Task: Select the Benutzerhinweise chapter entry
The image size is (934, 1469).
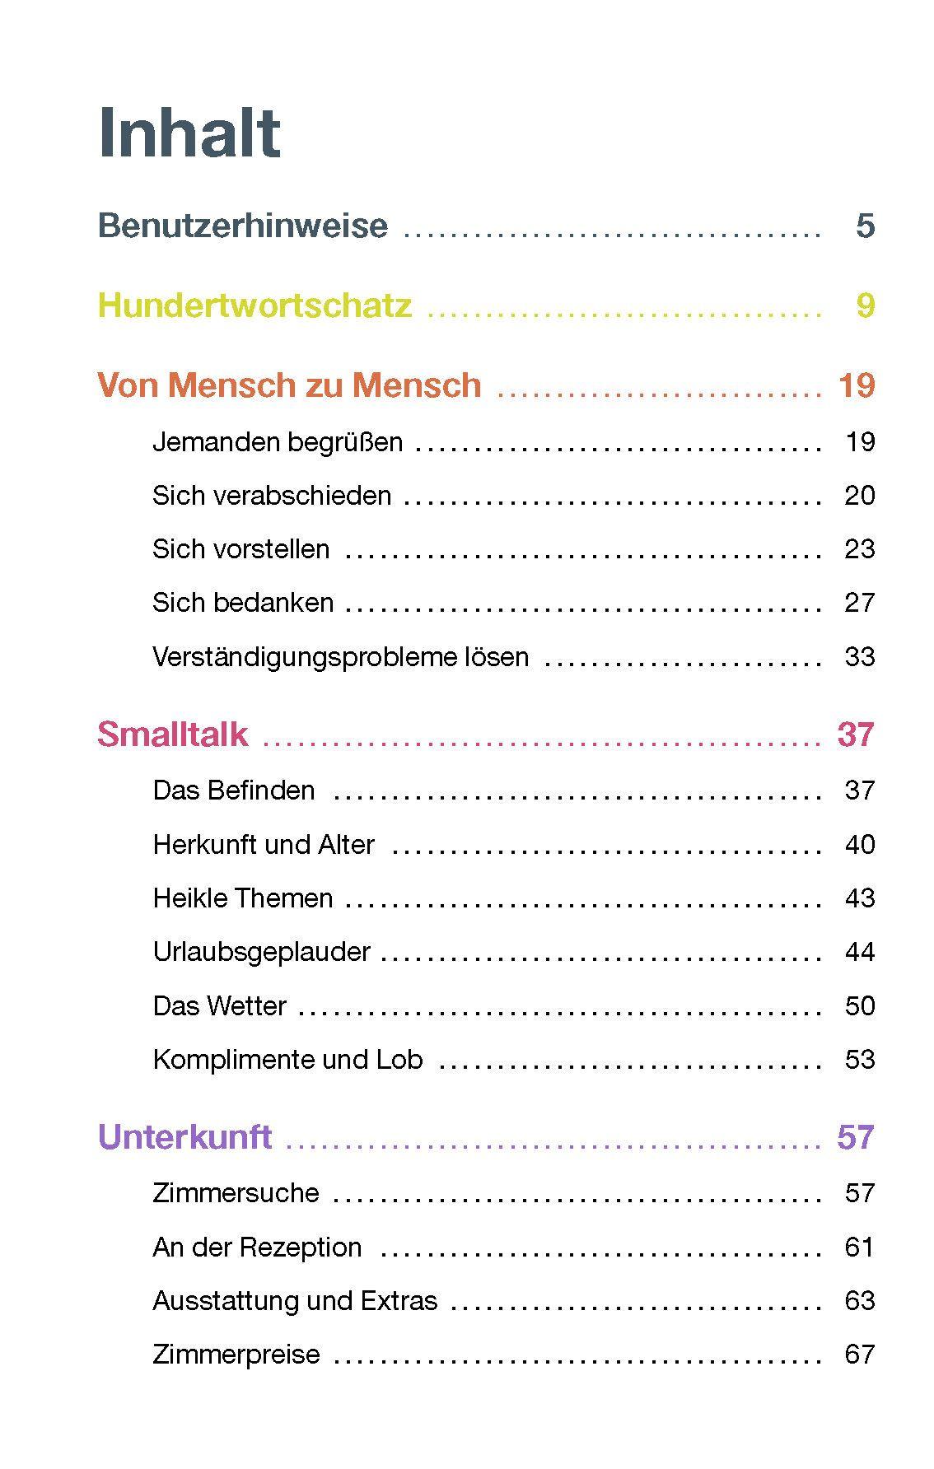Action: [242, 226]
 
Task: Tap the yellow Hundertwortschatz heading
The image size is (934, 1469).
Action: [255, 305]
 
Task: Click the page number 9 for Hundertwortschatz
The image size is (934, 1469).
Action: [865, 305]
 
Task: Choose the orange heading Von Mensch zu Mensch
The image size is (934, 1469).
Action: [289, 385]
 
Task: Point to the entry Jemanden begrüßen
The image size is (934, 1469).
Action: [278, 442]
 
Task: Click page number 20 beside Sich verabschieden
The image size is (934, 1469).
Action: [859, 496]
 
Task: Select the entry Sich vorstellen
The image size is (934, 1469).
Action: [241, 549]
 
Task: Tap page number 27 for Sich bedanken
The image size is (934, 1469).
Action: [859, 603]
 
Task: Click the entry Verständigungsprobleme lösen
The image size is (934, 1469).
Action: [340, 657]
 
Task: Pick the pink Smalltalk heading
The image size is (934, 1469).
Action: [172, 734]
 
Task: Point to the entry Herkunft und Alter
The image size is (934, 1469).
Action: [264, 845]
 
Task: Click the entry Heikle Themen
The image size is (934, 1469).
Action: [243, 898]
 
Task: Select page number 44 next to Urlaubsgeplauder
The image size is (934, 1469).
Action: [859, 952]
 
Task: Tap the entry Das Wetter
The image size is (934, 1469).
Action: [219, 1006]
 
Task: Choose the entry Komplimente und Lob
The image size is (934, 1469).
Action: [287, 1060]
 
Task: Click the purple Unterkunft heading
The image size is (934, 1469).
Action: [184, 1137]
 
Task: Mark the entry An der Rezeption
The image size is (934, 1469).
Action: [257, 1247]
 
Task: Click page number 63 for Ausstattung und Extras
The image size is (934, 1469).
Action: [859, 1301]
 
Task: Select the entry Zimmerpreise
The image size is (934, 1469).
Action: [236, 1355]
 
